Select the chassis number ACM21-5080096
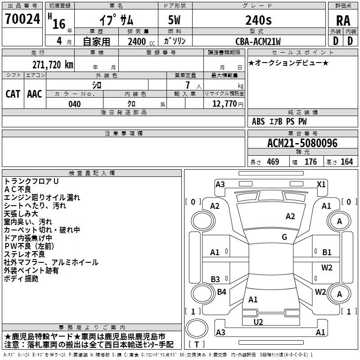click(x=302, y=143)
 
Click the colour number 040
click(x=75, y=104)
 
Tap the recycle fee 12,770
click(x=224, y=104)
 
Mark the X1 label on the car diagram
click(x=321, y=184)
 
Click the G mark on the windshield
click(x=284, y=237)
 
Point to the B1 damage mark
click(x=327, y=252)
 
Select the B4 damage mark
click(x=221, y=292)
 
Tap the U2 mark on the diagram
click(x=258, y=322)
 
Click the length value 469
click(x=272, y=162)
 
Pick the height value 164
click(x=346, y=162)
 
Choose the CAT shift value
click(x=13, y=94)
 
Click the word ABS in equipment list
click(x=258, y=121)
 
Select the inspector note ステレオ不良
click(x=22, y=254)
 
